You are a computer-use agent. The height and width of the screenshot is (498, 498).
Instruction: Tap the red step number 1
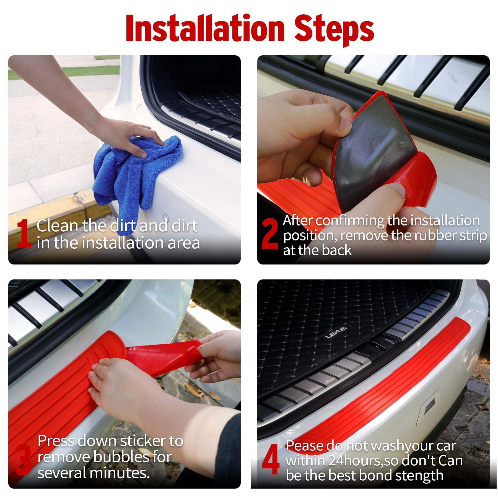(24, 233)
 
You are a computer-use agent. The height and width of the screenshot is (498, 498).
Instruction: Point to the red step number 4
(270, 459)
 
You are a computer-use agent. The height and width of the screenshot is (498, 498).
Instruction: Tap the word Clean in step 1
(57, 225)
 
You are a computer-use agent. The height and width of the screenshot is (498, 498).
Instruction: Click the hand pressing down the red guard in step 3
(130, 387)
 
